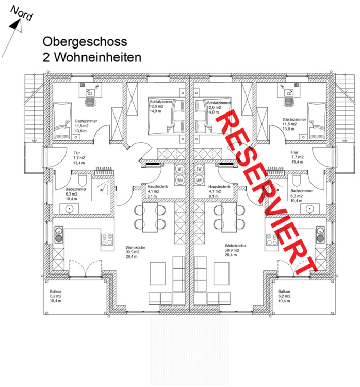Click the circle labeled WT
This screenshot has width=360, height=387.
181,169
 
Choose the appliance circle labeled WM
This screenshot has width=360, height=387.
181,180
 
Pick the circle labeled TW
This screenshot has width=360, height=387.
199,169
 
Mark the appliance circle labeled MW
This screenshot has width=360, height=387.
199,180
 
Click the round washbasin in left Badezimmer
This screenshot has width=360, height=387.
70,208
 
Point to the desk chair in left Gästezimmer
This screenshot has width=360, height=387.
91,101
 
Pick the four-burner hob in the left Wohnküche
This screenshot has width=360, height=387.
108,239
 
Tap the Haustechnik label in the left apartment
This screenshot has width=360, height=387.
156,186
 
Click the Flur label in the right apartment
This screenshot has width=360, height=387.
294,152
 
